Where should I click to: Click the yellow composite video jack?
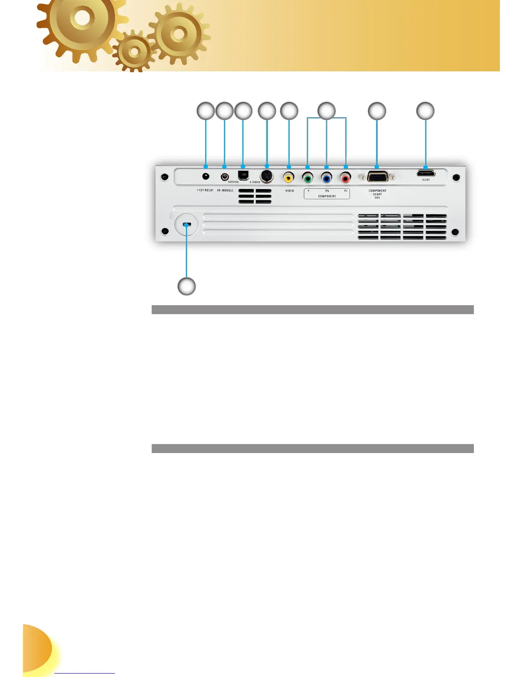[289, 177]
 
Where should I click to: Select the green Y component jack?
[308, 177]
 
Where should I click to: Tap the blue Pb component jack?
[326, 177]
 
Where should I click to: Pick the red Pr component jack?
[345, 177]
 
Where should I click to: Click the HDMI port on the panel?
[426, 173]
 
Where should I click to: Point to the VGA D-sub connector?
[377, 177]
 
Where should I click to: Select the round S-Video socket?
[267, 176]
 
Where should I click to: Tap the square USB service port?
[243, 175]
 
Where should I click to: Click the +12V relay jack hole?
[206, 176]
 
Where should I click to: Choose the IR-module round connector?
[224, 177]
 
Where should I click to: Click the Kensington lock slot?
[187, 224]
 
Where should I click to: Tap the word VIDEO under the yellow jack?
[290, 191]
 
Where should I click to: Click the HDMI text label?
[426, 180]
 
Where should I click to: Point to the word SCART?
[377, 194]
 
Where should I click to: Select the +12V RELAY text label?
[205, 190]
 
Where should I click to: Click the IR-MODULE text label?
[225, 190]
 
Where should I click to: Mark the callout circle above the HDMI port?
[425, 111]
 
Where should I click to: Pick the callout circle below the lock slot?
[187, 286]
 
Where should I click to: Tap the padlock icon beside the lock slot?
[171, 215]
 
